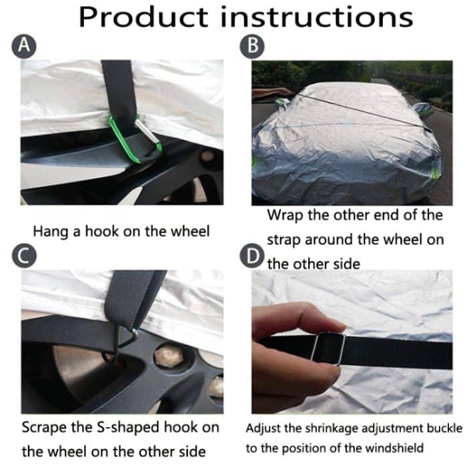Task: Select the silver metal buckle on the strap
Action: (x=328, y=348)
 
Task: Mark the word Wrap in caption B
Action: (x=284, y=215)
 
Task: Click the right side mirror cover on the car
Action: (x=425, y=110)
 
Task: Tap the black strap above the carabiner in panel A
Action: (x=120, y=83)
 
